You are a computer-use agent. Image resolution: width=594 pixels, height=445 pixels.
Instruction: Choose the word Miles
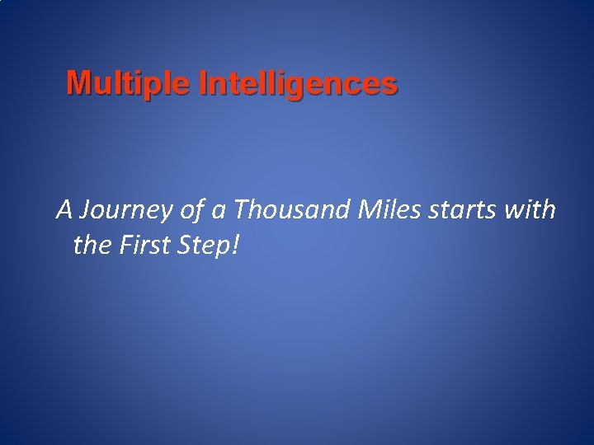click(390, 211)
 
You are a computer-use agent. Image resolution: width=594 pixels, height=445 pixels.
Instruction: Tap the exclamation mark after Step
click(235, 245)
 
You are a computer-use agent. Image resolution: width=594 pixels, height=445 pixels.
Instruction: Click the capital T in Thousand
click(242, 211)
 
